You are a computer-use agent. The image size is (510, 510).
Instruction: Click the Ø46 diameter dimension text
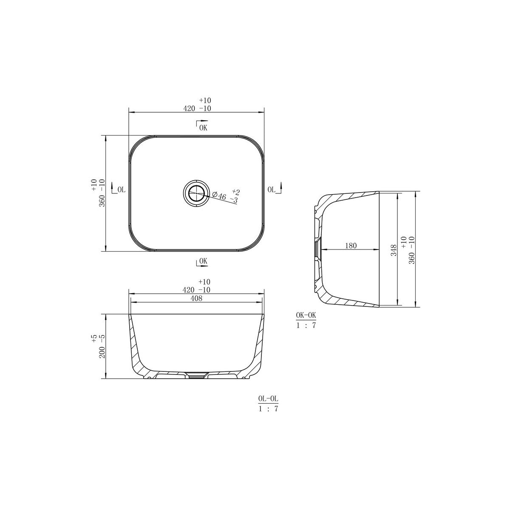[x=219, y=196]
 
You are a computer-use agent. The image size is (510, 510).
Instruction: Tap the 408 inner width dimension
[x=196, y=298]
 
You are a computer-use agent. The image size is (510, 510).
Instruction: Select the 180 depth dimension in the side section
[x=351, y=246]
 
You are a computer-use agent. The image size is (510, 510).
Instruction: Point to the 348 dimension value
[x=394, y=250]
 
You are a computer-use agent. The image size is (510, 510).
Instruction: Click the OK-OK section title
[x=306, y=315]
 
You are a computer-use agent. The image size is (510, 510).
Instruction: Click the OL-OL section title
[x=268, y=406]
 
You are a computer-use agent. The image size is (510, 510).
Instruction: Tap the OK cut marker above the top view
[x=202, y=126]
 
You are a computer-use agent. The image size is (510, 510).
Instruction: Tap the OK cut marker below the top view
[x=202, y=262]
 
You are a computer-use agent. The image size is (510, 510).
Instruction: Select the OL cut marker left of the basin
[x=118, y=188]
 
